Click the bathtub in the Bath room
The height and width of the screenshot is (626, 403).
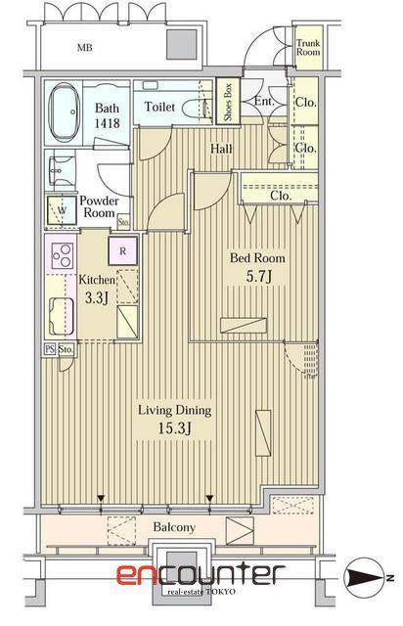tap(63, 112)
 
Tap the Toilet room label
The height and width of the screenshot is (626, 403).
tap(159, 107)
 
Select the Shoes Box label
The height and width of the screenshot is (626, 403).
tap(228, 102)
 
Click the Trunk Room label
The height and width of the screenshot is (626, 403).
tap(308, 48)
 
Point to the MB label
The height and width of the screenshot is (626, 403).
tap(85, 48)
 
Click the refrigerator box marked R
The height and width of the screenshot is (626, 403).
tap(123, 251)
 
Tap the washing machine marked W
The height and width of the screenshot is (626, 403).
tap(62, 210)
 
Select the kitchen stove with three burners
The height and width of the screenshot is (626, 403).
tap(63, 255)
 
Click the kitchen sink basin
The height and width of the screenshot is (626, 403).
tap(61, 316)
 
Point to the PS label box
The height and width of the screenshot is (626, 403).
tap(50, 349)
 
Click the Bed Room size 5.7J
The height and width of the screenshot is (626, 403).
tap(259, 276)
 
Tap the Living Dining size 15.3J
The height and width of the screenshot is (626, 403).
tap(174, 428)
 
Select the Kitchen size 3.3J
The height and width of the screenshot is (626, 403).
tap(97, 297)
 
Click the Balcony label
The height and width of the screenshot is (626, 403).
tap(174, 527)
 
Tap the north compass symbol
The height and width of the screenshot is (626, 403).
tap(366, 577)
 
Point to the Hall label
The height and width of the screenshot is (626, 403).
tap(221, 149)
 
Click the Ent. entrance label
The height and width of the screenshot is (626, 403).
tap(264, 102)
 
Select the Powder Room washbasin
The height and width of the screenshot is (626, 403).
tap(61, 172)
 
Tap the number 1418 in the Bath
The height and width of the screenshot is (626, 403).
tap(107, 123)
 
